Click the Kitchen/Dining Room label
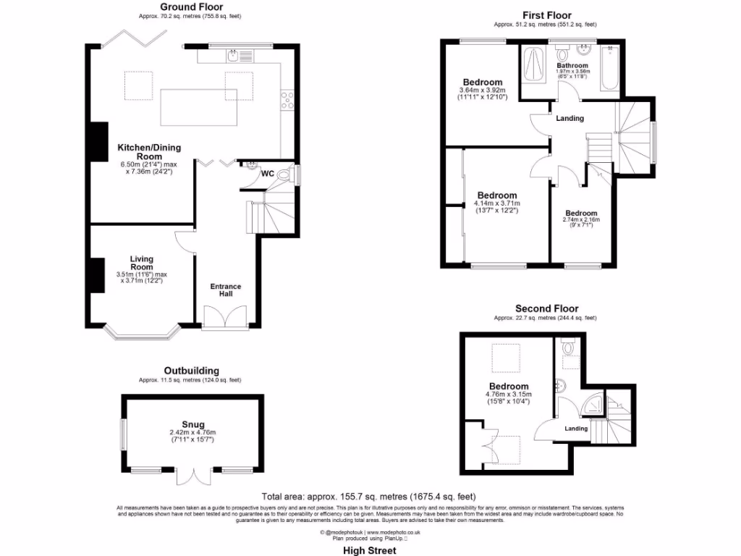tap(149, 152)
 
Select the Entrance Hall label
tap(226, 290)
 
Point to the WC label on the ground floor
tap(267, 174)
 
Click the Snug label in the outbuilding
tap(193, 424)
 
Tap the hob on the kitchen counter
tap(287, 100)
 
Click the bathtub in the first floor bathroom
tap(609, 69)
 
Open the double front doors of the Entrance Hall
tap(218, 317)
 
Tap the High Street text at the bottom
tap(370, 550)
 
